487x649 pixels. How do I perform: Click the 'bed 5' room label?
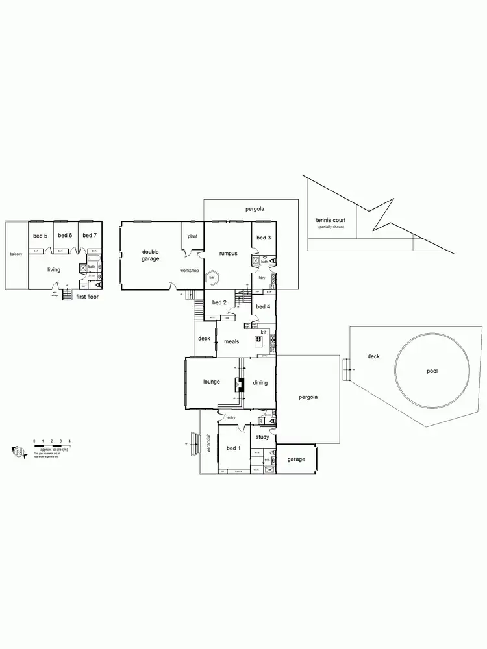[40, 236]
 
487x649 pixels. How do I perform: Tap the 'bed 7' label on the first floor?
[89, 236]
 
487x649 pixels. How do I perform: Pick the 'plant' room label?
[192, 237]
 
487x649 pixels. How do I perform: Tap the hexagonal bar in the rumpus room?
[213, 278]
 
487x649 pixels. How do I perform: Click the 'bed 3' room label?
[263, 238]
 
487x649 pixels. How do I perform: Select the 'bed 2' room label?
[219, 302]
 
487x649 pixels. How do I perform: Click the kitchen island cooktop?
[258, 341]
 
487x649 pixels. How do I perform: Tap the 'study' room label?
[262, 437]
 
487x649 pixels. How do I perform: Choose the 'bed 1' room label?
[232, 448]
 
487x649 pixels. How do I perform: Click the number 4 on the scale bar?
[69, 441]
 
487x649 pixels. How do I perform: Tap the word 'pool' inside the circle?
[432, 371]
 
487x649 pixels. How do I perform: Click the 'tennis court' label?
[331, 221]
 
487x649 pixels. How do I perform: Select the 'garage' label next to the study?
[296, 459]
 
